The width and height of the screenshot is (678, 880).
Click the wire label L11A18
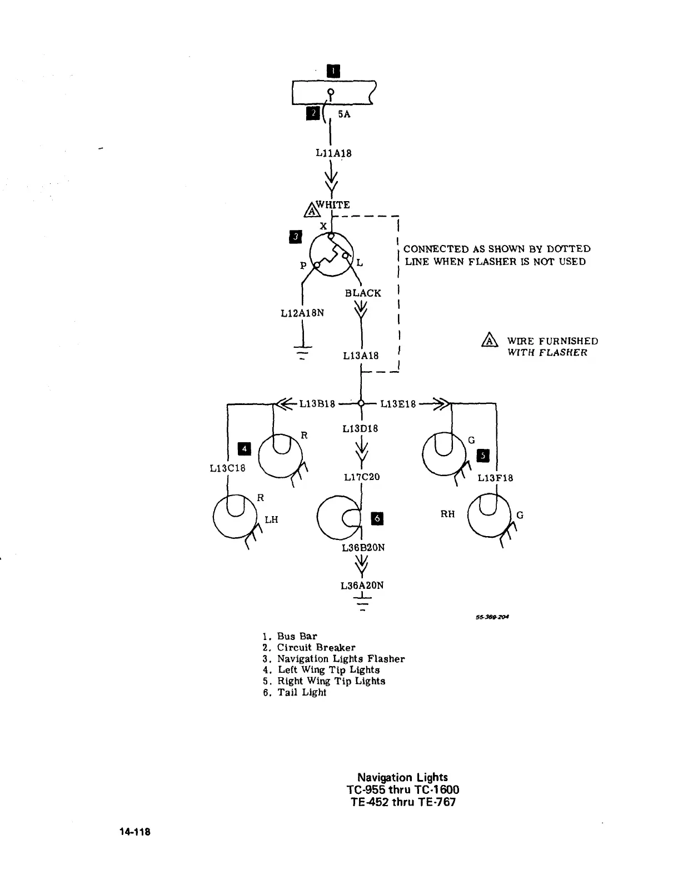tap(333, 153)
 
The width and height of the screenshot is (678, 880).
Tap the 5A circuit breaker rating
tap(345, 114)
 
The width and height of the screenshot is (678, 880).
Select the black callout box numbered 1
tap(333, 71)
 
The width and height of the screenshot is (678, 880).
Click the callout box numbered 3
tap(296, 237)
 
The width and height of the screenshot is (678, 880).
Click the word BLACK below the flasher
tap(363, 293)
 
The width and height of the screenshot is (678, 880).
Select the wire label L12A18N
tap(302, 313)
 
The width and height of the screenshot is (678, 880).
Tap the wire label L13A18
tap(361, 356)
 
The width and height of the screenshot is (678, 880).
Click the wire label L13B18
tap(317, 404)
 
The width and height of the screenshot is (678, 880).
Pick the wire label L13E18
tap(398, 404)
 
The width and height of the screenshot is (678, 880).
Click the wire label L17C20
tap(362, 477)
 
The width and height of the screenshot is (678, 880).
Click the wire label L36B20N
tap(363, 547)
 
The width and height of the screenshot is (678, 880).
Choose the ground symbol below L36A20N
tap(363, 602)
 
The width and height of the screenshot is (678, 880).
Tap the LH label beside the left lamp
tap(271, 519)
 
